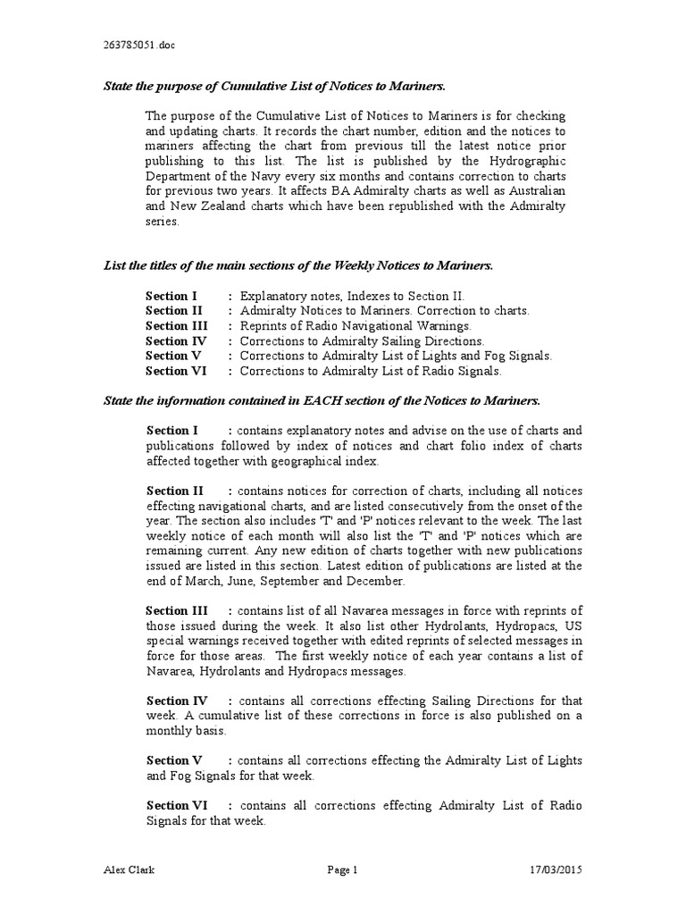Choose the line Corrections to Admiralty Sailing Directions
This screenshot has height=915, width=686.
click(x=363, y=341)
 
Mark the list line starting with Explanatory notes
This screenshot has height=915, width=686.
click(x=353, y=296)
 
